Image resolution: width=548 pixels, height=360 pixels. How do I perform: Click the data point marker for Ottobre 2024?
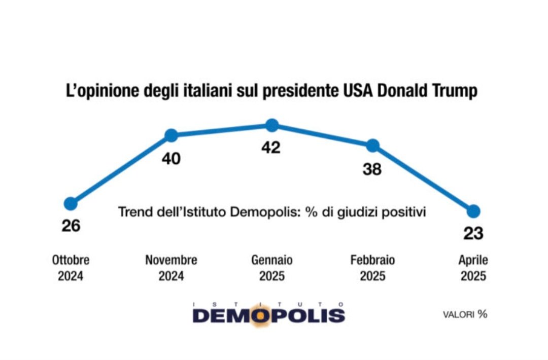[x=71, y=203]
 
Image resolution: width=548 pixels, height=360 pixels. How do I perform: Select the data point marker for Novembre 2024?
[x=172, y=135]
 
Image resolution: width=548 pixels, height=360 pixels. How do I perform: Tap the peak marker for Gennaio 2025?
[x=272, y=125]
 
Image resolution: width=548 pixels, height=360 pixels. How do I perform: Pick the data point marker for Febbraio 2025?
[x=372, y=146]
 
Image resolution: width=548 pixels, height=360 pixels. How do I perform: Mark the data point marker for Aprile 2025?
[x=473, y=211]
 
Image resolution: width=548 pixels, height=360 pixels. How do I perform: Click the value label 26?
[x=71, y=225]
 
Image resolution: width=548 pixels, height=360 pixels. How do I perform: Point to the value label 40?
[x=172, y=159]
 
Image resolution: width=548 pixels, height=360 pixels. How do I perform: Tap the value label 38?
[x=372, y=169]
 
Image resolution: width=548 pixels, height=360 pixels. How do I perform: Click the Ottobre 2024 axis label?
[x=71, y=268]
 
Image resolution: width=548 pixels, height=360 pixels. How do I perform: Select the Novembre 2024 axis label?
[x=172, y=268]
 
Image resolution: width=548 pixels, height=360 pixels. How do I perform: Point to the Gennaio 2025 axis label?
[x=272, y=268]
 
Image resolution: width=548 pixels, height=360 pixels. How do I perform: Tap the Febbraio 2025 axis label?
[x=372, y=268]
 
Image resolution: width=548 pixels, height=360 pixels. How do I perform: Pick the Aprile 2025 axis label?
[x=473, y=268]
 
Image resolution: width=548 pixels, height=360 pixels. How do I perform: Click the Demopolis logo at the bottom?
[x=268, y=314]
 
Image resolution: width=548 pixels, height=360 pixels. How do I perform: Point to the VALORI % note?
[x=465, y=314]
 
